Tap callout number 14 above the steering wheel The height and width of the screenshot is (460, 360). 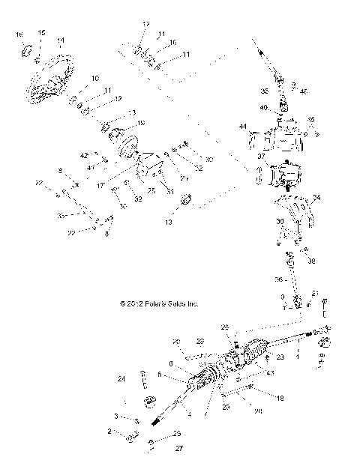(60, 40)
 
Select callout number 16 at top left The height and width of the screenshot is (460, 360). (20, 35)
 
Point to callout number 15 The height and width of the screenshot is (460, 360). (41, 33)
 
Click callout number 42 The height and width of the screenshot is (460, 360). (84, 155)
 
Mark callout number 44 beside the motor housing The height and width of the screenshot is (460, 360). (242, 127)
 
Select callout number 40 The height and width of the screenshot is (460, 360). (264, 107)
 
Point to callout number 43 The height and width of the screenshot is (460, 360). (269, 373)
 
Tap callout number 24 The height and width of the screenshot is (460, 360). (121, 379)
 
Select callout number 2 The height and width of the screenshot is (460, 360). (109, 432)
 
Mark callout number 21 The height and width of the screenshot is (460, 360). (316, 292)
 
